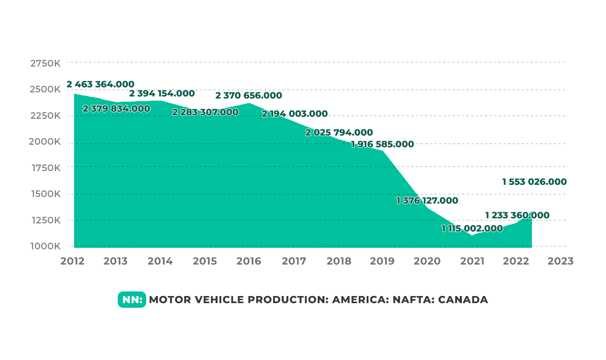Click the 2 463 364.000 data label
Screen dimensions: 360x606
coord(100,84)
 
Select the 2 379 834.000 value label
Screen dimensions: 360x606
coord(116,109)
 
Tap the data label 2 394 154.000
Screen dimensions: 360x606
coord(162,93)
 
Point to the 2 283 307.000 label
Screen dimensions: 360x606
coord(205,112)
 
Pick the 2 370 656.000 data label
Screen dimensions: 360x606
coord(249,95)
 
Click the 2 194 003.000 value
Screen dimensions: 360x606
coord(294,114)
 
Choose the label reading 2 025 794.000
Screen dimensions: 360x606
coord(339,133)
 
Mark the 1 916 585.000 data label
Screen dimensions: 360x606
coord(382,144)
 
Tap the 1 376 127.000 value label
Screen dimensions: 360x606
coord(427,201)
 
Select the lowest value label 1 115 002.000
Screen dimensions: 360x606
coord(472,228)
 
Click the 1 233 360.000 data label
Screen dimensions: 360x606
coord(517,215)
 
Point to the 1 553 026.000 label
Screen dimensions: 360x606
coord(534,182)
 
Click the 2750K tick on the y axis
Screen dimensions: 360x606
coord(46,63)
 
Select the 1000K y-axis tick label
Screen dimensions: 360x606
coord(46,246)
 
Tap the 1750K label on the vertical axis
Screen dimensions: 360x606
coord(46,168)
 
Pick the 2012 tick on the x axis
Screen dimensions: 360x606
coord(73,261)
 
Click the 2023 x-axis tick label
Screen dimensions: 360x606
coord(561,261)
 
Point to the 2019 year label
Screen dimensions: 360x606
coord(382,261)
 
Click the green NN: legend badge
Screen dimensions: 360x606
coord(132,300)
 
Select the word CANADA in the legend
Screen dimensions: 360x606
coord(463,300)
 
